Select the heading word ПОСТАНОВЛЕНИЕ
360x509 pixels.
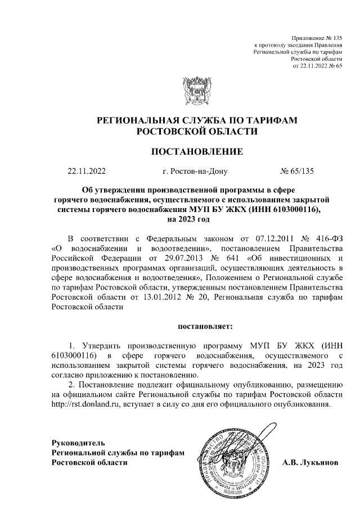(196, 151)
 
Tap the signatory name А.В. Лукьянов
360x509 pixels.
(310, 462)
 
